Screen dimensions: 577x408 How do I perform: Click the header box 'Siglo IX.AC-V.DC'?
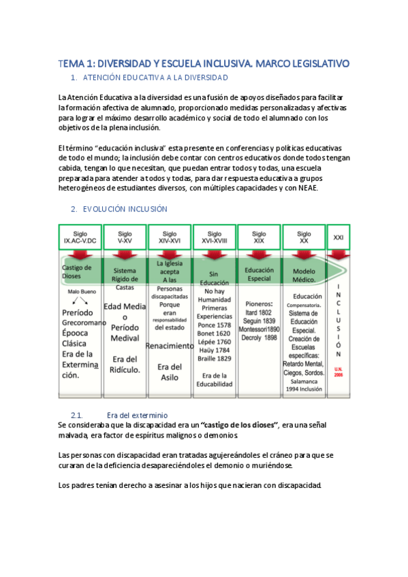(80, 237)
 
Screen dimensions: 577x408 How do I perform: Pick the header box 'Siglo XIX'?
(259, 237)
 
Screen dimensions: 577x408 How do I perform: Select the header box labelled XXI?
(339, 237)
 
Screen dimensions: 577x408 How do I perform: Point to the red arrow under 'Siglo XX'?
(304, 256)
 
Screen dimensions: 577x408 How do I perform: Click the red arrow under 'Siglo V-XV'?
(125, 256)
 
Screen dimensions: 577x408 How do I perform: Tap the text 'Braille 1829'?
(215, 359)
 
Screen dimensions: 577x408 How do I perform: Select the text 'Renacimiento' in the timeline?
(170, 345)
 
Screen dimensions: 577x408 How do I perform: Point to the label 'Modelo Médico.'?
(300, 275)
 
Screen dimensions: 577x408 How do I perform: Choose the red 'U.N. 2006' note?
(339, 372)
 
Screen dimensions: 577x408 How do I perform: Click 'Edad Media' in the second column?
(125, 306)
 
